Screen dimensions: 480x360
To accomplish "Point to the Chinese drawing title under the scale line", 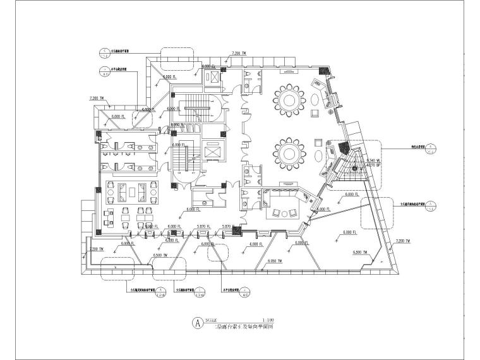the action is click(232, 326).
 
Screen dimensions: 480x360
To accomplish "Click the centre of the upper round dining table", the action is click(291, 99).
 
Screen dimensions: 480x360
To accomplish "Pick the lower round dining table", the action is click(291, 153).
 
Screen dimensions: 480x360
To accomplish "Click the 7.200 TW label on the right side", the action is click(402, 241).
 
